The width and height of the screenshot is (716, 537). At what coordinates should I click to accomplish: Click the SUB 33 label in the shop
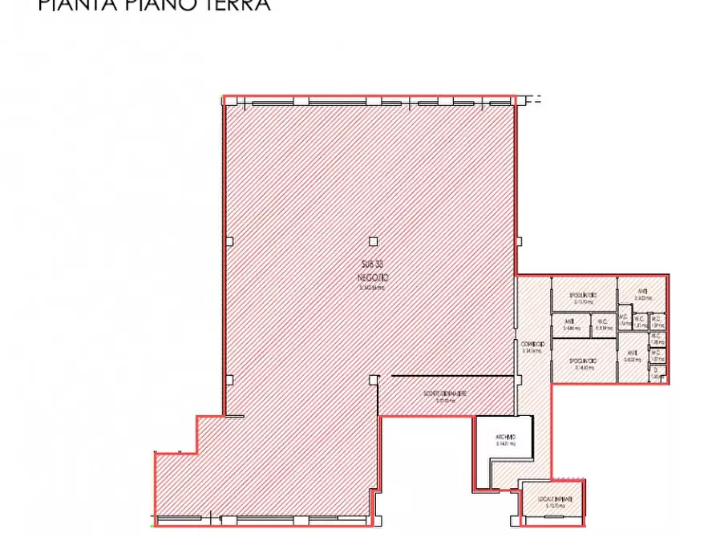point(373,265)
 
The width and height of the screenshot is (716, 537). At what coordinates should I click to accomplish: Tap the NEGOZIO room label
point(373,277)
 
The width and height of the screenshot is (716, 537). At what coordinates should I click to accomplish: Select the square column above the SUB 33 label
point(373,240)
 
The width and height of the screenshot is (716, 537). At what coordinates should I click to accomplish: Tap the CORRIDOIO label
point(532,345)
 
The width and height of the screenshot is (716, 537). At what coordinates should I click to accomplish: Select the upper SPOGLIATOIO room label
point(582,295)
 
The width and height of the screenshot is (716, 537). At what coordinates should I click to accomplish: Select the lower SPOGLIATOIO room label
point(582,361)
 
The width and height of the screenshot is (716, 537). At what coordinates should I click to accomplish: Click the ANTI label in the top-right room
point(642,291)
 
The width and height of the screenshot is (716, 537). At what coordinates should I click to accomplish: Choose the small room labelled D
point(655,370)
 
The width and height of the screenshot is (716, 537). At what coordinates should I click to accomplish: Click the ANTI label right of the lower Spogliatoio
point(633,353)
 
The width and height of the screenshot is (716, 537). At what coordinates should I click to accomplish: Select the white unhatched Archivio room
point(504,441)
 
